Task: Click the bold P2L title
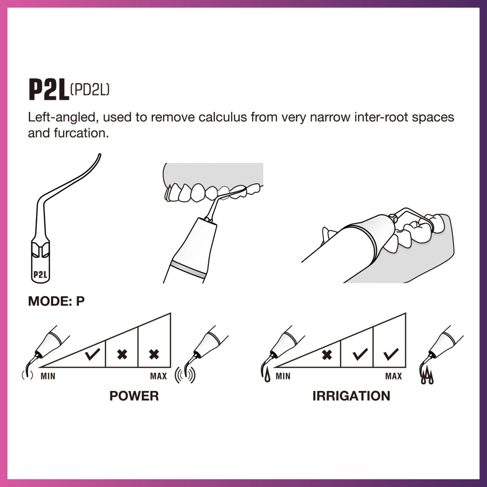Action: pos(48,90)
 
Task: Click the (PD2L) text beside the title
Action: pos(90,89)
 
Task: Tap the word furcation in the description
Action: pos(82,133)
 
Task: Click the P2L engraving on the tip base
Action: pos(40,274)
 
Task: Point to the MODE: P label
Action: pos(56,301)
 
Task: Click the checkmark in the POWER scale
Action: pos(92,354)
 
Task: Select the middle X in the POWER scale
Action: pos(122,354)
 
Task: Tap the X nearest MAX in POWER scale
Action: pos(154,354)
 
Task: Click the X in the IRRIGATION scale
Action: pos(327,355)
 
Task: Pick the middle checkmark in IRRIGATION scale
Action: pos(360,354)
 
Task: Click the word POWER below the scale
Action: pos(134,395)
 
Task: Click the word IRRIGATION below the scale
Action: pos(351,395)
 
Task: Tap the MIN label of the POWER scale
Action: pos(48,376)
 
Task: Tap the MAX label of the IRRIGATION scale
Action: pos(393,376)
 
